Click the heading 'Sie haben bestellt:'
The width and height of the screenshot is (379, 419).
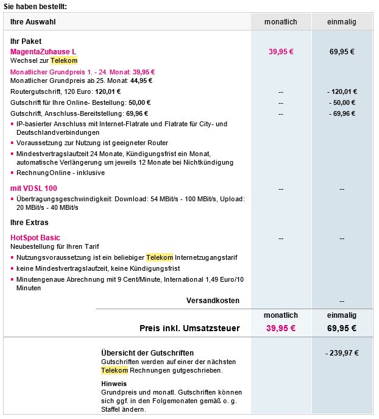point(35,6)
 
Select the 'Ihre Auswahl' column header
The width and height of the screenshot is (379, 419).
point(32,22)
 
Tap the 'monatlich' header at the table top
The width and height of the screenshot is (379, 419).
point(281,22)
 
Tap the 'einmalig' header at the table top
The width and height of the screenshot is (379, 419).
point(342,22)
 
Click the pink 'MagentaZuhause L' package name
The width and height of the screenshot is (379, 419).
point(43,52)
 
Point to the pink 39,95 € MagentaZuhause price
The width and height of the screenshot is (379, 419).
point(281,52)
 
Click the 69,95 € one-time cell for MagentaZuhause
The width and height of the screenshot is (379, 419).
point(342,52)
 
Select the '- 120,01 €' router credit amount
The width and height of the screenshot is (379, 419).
point(342,91)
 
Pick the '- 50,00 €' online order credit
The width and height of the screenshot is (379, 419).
point(342,102)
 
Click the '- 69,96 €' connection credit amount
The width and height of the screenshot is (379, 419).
point(342,113)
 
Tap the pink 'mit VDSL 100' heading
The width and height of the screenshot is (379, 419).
point(34,188)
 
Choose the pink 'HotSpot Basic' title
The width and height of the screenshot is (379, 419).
point(35,238)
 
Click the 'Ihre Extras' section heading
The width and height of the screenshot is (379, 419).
point(29,223)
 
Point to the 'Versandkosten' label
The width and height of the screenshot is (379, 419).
point(213,301)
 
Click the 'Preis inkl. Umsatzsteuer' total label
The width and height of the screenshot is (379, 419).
point(189,328)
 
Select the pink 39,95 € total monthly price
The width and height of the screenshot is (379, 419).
point(281,328)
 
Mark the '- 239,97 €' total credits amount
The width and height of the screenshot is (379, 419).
point(342,353)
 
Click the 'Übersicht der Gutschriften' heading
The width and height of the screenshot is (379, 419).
point(147,353)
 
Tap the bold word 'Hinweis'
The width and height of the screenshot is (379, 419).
point(114,384)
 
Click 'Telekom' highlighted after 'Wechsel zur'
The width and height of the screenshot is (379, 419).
point(64,61)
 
